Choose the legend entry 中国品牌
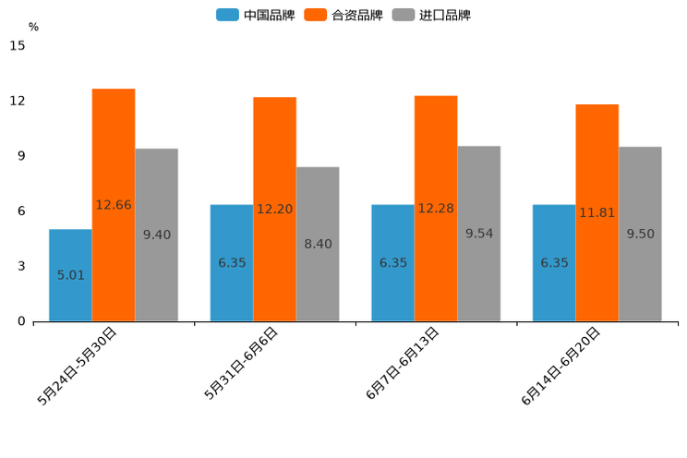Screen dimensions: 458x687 256,15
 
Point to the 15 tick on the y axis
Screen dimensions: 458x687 18,45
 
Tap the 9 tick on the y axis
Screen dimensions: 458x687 21,156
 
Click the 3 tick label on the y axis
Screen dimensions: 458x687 21,267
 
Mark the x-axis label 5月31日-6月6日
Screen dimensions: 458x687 241,363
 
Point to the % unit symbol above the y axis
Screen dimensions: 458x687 33,27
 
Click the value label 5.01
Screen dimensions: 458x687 71,275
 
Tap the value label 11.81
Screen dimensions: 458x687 597,213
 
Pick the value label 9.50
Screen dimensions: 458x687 640,235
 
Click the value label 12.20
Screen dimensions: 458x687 274,210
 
